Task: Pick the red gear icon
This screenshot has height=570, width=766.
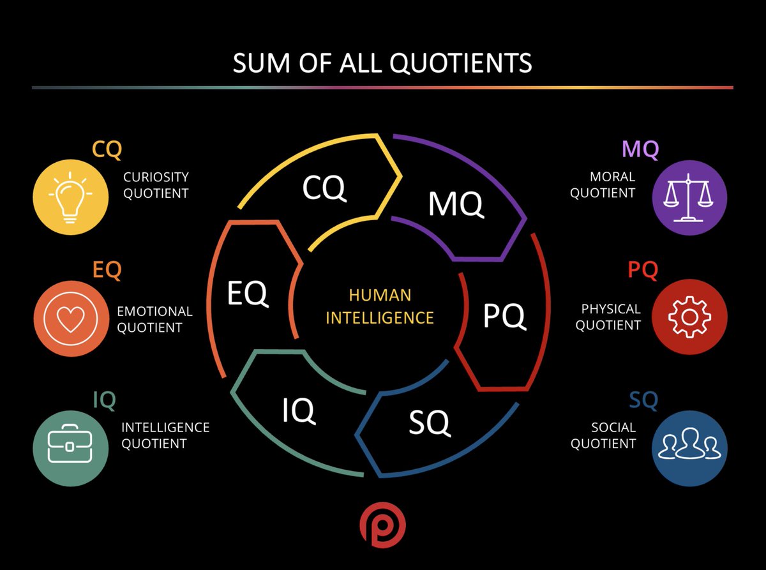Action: pyautogui.click(x=689, y=316)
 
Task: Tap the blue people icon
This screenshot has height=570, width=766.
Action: pyautogui.click(x=689, y=447)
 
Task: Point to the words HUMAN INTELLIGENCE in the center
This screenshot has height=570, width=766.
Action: pyautogui.click(x=380, y=306)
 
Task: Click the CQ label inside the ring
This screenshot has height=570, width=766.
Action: pyautogui.click(x=324, y=187)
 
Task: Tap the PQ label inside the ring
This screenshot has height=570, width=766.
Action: pyautogui.click(x=504, y=315)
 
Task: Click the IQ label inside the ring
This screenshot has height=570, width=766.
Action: pyautogui.click(x=299, y=410)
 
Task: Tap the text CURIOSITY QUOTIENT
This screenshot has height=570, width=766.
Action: pyautogui.click(x=156, y=184)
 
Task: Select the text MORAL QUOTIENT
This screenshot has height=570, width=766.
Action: pyautogui.click(x=603, y=184)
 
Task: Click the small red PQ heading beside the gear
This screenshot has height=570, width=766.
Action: pyautogui.click(x=642, y=270)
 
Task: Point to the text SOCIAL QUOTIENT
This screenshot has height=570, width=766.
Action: pyautogui.click(x=604, y=435)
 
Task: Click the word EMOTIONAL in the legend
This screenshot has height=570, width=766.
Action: pyautogui.click(x=154, y=311)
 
